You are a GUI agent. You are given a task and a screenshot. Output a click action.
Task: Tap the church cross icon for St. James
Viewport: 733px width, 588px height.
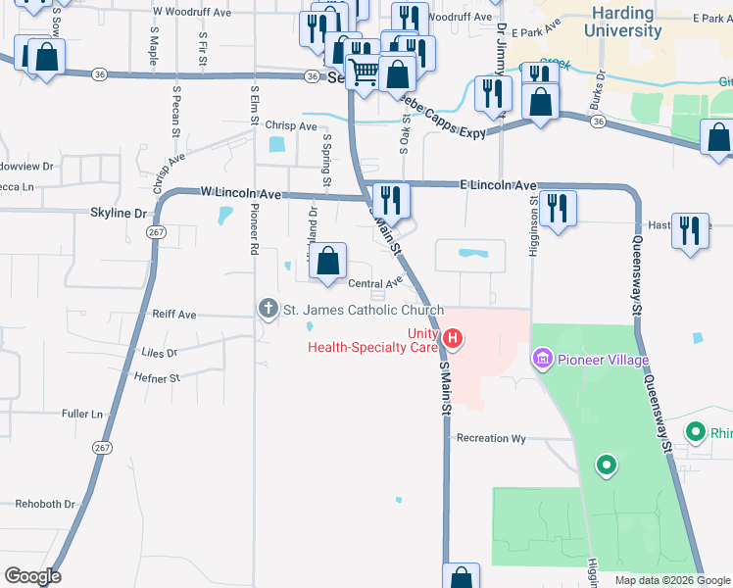(x=268, y=310)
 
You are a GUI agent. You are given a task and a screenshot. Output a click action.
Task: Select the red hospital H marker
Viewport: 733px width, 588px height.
(x=453, y=340)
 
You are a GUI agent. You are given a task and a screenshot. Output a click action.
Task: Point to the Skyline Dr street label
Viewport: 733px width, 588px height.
(x=118, y=212)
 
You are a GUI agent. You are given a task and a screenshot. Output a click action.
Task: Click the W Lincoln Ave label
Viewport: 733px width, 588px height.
(x=241, y=192)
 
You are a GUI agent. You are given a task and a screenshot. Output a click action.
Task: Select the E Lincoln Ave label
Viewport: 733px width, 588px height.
(x=499, y=185)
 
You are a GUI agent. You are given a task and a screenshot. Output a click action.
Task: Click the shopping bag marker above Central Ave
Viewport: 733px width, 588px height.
(x=330, y=261)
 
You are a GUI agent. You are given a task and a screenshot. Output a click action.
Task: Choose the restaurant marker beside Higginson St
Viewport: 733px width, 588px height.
(x=558, y=207)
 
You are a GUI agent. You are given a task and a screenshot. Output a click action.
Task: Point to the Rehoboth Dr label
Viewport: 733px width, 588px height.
(x=45, y=504)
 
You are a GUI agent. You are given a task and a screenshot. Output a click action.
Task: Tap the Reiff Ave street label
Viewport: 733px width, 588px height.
(x=174, y=315)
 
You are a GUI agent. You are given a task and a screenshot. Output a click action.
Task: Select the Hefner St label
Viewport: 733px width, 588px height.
(x=162, y=377)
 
